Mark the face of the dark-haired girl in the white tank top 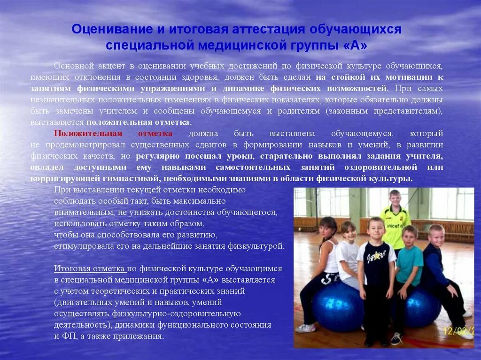[327, 229]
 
